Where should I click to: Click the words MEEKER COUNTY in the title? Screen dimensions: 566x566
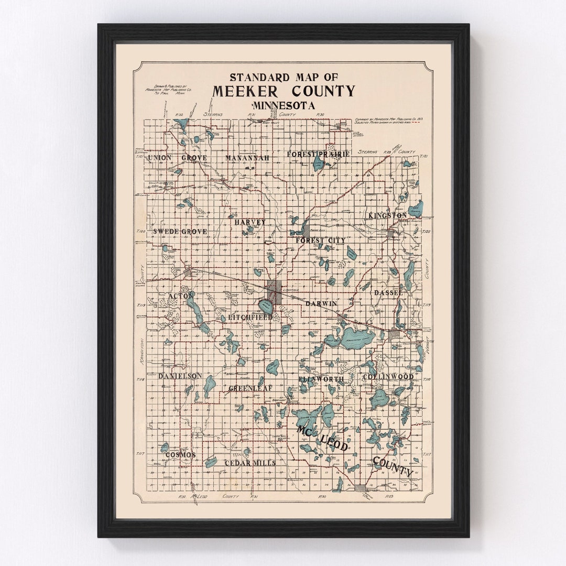click(x=284, y=92)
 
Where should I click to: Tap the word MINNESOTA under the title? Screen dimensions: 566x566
click(x=284, y=105)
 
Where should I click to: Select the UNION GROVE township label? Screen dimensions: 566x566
click(x=177, y=158)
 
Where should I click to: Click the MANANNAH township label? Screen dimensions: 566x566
click(x=247, y=158)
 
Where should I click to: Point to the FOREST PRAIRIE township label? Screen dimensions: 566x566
click(x=318, y=154)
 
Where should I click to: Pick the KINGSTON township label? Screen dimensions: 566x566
click(x=387, y=215)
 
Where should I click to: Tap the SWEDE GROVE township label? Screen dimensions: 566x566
click(x=180, y=231)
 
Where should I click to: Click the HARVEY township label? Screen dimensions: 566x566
click(x=250, y=222)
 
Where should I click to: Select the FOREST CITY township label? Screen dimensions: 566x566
click(x=320, y=240)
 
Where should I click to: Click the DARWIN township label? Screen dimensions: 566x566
click(x=322, y=303)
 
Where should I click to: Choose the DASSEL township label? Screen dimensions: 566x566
click(x=388, y=293)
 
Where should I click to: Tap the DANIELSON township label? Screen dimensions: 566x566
click(x=180, y=376)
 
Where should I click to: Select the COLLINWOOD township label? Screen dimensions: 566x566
click(x=388, y=377)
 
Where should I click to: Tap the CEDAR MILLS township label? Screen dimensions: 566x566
click(x=250, y=463)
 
